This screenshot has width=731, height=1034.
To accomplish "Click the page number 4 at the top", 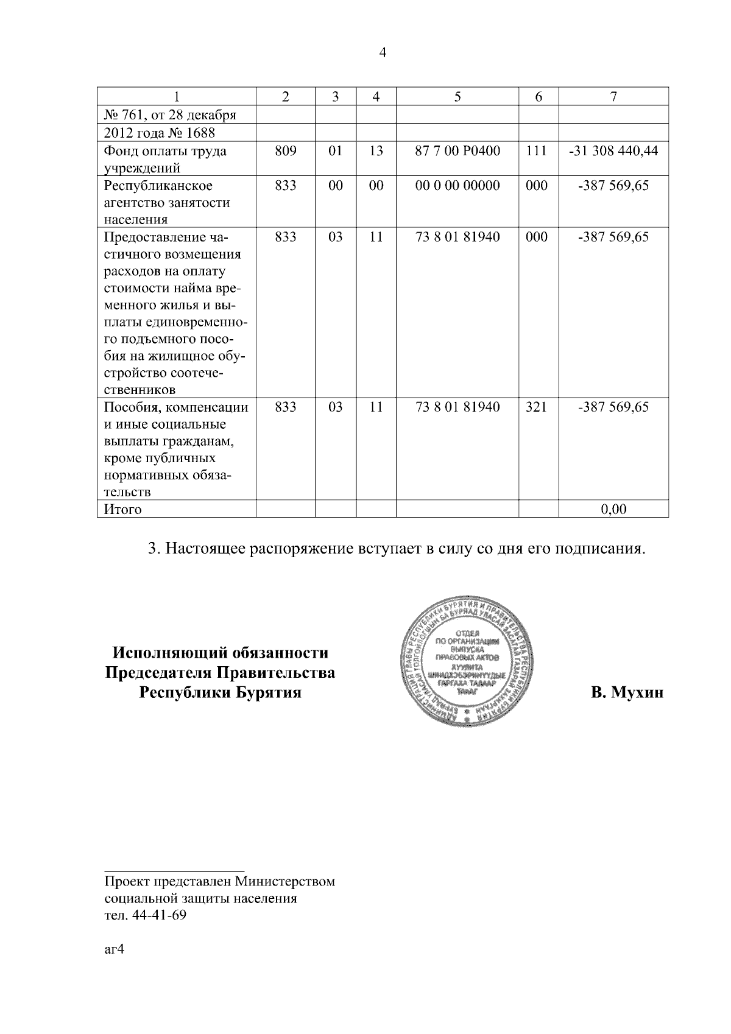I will coord(383,53).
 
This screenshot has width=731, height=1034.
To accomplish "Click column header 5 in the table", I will coord(457,97).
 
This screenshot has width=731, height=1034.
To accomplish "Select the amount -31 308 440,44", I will coord(613,151).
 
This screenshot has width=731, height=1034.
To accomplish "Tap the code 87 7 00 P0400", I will coord(457,151).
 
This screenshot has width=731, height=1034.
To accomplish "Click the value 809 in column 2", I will coord(285,151).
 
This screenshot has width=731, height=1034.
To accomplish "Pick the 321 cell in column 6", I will coord(536,407).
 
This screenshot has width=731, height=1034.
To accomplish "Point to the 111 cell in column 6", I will coord(536,151).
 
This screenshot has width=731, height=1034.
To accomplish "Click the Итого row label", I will coord(123,509).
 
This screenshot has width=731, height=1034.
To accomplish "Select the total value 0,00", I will coord(613,509).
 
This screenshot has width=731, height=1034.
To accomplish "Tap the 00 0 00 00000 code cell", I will coord(457,185).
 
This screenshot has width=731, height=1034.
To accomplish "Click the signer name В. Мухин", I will coord(627,692).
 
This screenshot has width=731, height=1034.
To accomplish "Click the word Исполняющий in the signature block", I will coord(168,653).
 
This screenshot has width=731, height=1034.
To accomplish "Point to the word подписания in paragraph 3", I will coord(597,549).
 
